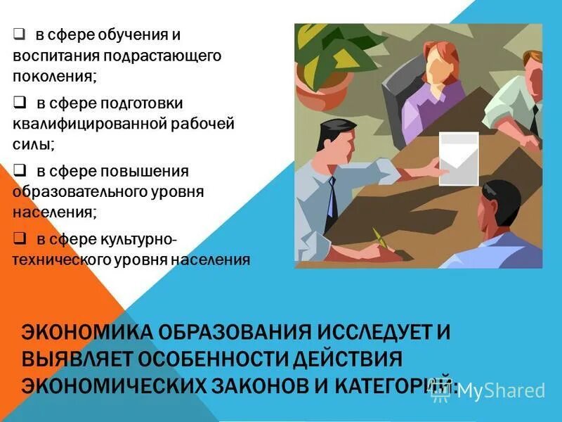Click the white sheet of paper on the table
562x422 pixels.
pos(458,158)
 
